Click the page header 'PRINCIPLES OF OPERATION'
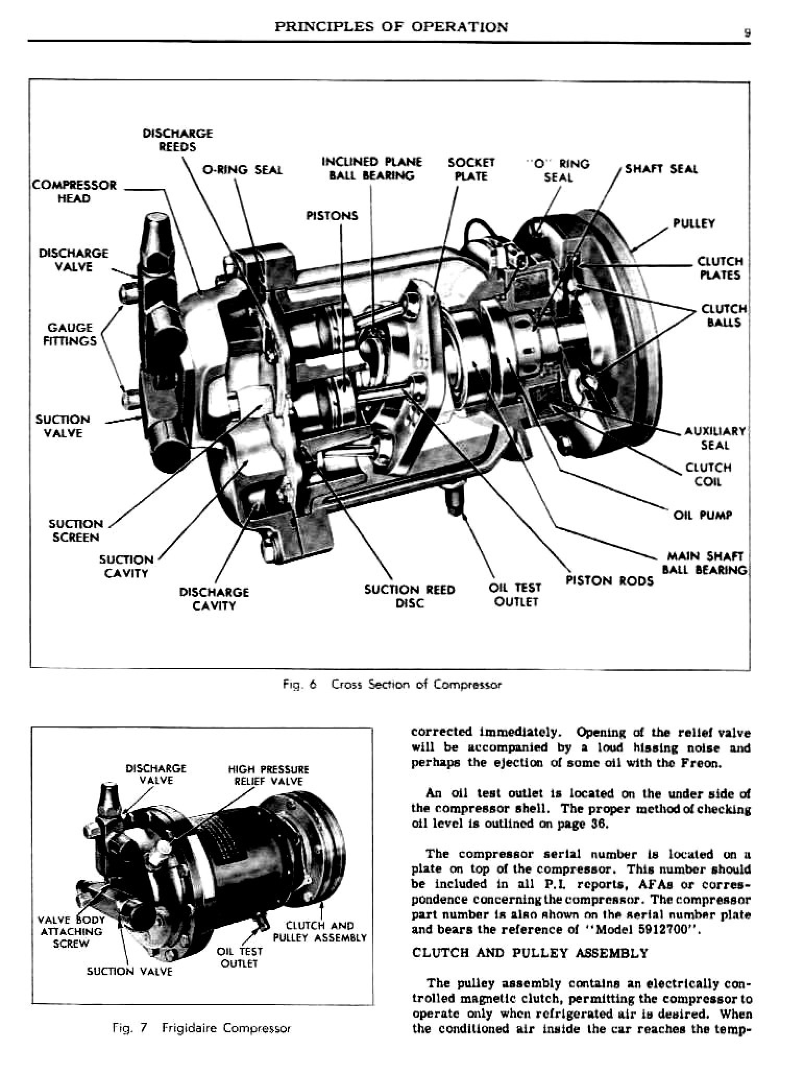coord(391,27)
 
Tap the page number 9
coord(747,32)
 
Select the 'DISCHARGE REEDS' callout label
coord(177,140)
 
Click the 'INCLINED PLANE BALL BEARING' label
coord(371,169)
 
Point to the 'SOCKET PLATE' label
coord(471,169)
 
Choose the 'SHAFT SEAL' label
coord(661,169)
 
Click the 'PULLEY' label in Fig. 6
coord(693,223)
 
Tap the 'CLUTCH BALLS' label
coord(724,315)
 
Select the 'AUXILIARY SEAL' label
coord(715,438)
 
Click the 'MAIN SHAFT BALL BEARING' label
coord(704,563)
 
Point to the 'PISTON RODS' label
coord(610,581)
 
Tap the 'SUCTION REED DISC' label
coord(409,596)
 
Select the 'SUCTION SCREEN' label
coord(76,530)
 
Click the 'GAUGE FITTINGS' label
coord(71,334)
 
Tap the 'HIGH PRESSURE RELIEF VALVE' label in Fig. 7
coord(268,775)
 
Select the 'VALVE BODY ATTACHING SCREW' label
coord(71,932)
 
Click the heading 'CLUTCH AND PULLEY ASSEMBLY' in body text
coord(530,953)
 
